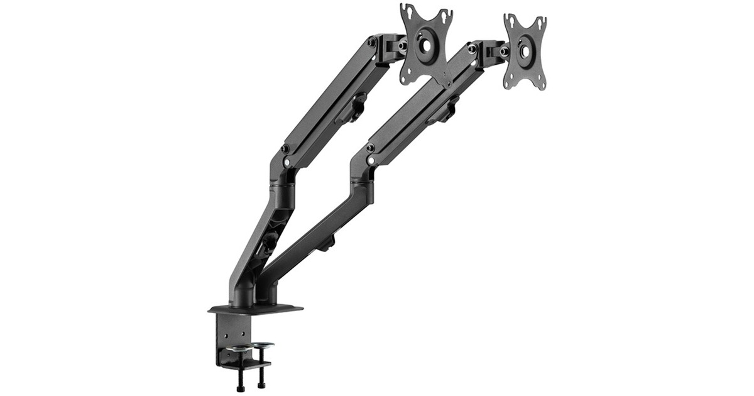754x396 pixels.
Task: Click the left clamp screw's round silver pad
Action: coord(238,349)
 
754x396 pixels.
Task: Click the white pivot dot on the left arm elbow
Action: coord(287,162)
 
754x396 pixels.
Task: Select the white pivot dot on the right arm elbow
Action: coord(371,161)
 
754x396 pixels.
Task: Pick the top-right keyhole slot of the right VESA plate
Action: coord(542,23)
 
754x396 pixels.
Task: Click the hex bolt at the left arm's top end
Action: coord(373,43)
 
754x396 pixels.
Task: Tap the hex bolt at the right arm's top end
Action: coord(471,49)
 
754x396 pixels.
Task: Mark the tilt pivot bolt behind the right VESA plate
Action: coord(504,51)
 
